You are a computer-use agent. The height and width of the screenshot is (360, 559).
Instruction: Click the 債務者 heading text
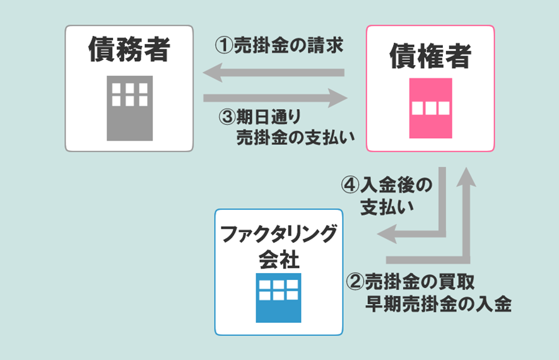click(x=129, y=49)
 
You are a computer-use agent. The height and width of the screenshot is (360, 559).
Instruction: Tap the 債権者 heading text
click(x=430, y=56)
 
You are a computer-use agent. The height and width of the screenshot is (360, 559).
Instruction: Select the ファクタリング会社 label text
click(x=278, y=246)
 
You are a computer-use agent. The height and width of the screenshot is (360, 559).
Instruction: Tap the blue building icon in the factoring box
click(x=278, y=297)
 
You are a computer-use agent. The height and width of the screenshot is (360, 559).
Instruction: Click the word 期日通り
click(x=271, y=117)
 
